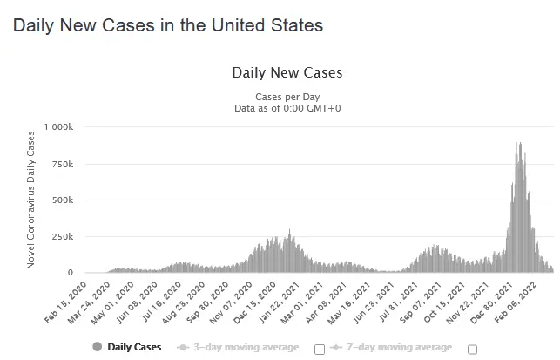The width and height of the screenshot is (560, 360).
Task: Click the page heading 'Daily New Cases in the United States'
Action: (168, 25)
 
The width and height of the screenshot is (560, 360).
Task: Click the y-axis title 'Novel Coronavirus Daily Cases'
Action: (31, 198)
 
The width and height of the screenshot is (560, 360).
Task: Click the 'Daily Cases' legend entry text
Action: (134, 347)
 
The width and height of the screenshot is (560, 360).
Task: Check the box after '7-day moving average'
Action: (473, 349)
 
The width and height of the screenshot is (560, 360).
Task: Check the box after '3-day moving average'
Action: (319, 349)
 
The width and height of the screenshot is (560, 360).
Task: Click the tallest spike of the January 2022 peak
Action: (519, 144)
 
